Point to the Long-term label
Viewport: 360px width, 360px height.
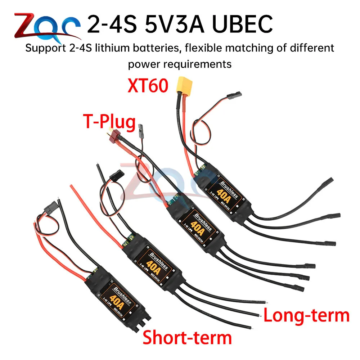(x=306, y=315)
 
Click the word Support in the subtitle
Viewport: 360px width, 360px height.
(x=41, y=48)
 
